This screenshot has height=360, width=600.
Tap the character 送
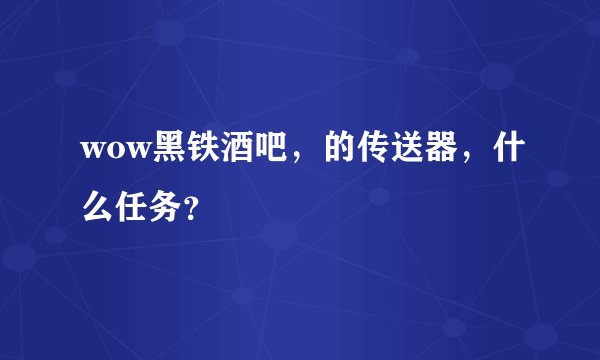pyautogui.click(x=403, y=148)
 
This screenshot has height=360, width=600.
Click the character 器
pyautogui.click(x=439, y=148)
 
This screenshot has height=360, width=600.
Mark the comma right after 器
pyautogui.click(x=466, y=158)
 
